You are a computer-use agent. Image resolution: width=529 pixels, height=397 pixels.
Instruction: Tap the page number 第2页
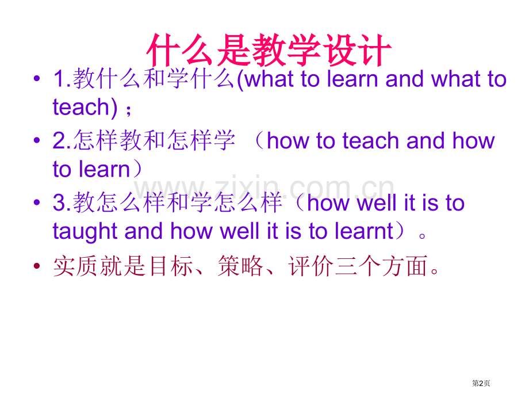tap(482, 383)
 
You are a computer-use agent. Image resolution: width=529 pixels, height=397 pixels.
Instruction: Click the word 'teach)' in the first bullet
tap(81, 107)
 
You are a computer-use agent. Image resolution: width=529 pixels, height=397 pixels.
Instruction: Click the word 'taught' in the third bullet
tap(85, 231)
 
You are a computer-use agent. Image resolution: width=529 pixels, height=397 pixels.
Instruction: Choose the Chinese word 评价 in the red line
tap(311, 266)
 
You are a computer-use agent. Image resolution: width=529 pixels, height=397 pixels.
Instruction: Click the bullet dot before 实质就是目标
tap(37, 266)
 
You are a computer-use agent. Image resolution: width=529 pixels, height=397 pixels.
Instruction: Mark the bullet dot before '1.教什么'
tap(37, 80)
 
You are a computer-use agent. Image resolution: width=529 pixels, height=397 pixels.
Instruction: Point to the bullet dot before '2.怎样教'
tap(37, 142)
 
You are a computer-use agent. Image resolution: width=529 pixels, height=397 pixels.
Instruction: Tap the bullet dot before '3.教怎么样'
tap(37, 204)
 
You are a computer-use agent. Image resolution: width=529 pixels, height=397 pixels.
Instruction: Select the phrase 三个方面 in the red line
tap(382, 266)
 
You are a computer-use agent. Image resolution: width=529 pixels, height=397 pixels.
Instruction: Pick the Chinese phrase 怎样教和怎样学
tap(154, 141)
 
